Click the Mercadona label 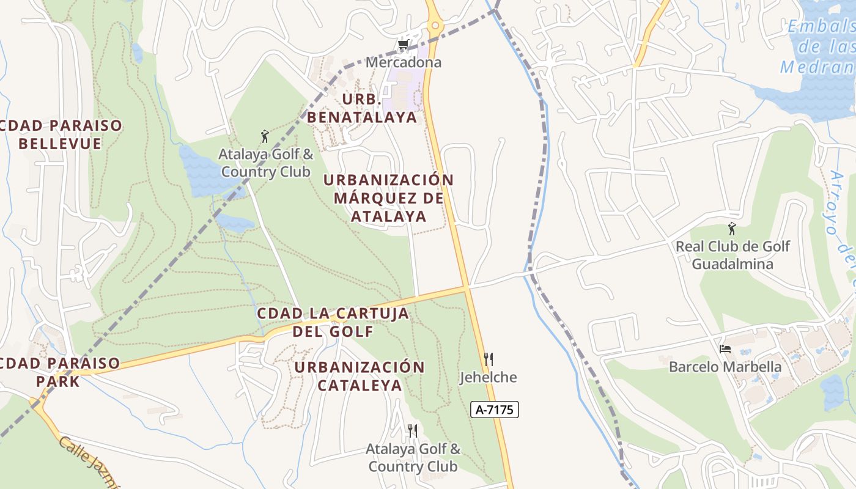pyautogui.click(x=403, y=62)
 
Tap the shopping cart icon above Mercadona pyautogui.click(x=402, y=45)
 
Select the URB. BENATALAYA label pyautogui.click(x=362, y=108)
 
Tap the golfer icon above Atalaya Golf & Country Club pyautogui.click(x=265, y=136)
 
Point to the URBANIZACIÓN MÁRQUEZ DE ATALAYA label pyautogui.click(x=388, y=198)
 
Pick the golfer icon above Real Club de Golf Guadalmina pyautogui.click(x=732, y=229)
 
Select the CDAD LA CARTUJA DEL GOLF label pyautogui.click(x=333, y=322)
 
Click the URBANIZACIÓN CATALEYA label pyautogui.click(x=360, y=376)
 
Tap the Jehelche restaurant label pyautogui.click(x=488, y=377)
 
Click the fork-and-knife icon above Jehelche pyautogui.click(x=488, y=359)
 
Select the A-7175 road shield pyautogui.click(x=494, y=410)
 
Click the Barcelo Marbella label pyautogui.click(x=725, y=367)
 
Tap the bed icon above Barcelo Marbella pyautogui.click(x=725, y=349)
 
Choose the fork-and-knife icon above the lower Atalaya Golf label pyautogui.click(x=413, y=431)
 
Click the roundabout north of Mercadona pyautogui.click(x=435, y=25)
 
